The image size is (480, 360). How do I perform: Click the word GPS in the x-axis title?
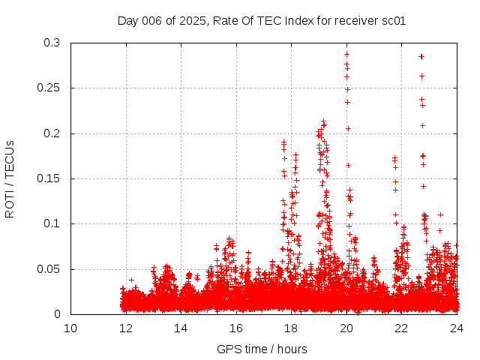[x=228, y=349]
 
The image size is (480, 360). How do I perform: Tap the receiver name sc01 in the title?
[x=394, y=21]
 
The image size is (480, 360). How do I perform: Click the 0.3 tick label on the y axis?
[x=51, y=43]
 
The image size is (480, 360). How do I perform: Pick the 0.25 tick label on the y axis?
[x=48, y=88]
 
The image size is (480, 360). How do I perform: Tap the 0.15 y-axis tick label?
[x=48, y=178]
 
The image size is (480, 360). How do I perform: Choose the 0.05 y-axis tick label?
[x=48, y=269]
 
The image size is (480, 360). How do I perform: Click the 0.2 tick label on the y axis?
[x=51, y=133]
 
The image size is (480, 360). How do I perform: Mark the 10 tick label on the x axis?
[x=70, y=328]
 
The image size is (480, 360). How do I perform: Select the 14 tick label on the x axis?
[x=181, y=328]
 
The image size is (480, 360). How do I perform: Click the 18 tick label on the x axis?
[x=291, y=328]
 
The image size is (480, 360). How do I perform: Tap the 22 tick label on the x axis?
[x=401, y=328]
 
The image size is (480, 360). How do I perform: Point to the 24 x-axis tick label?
[x=456, y=328]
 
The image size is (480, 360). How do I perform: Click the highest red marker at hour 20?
[x=346, y=54]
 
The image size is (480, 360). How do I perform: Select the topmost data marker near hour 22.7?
[x=421, y=56]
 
